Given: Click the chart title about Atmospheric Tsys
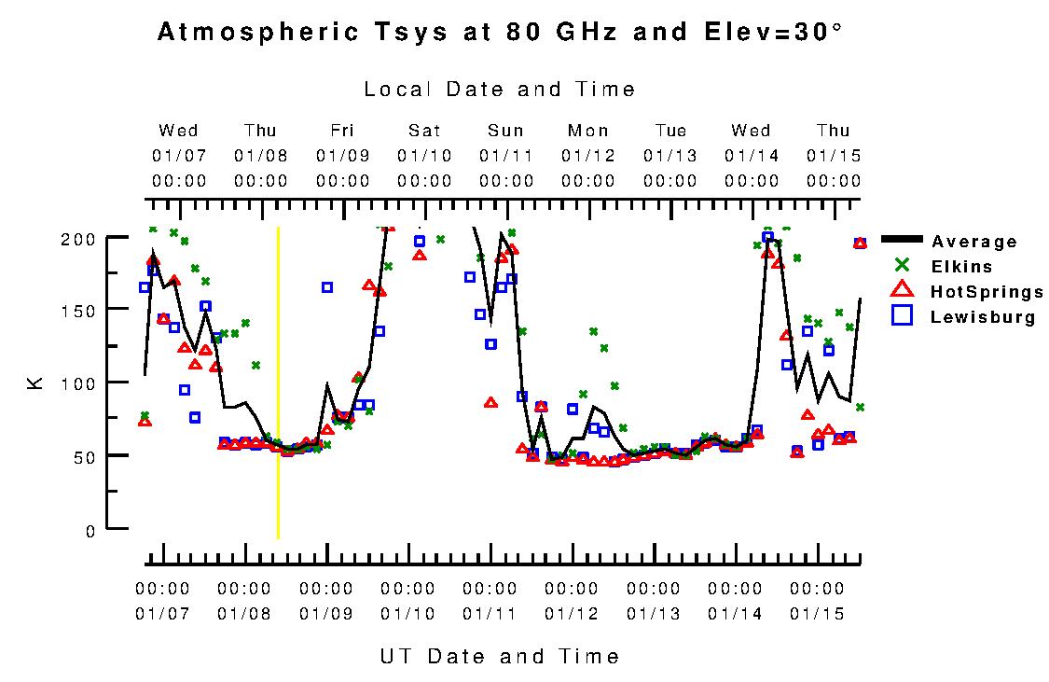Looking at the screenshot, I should click(x=500, y=33).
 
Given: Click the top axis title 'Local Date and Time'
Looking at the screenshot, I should click(x=500, y=90).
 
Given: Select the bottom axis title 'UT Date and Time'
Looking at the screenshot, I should click(x=500, y=656).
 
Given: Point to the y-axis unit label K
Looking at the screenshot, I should click(x=36, y=383).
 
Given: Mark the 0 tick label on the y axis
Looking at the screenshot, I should click(x=90, y=531).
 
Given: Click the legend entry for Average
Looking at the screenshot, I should click(x=973, y=243).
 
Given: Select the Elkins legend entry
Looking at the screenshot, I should click(x=961, y=268).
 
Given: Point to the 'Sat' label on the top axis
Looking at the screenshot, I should click(x=424, y=131).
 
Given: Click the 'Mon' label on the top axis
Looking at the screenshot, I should click(x=588, y=131).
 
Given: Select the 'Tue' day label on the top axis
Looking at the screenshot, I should click(x=670, y=131).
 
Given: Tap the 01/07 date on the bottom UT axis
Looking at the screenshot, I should click(x=162, y=614).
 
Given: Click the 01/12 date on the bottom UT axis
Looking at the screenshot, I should click(x=572, y=614).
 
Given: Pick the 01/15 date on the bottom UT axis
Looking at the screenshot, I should click(x=817, y=614).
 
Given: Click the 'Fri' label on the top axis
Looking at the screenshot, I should click(x=342, y=131).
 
